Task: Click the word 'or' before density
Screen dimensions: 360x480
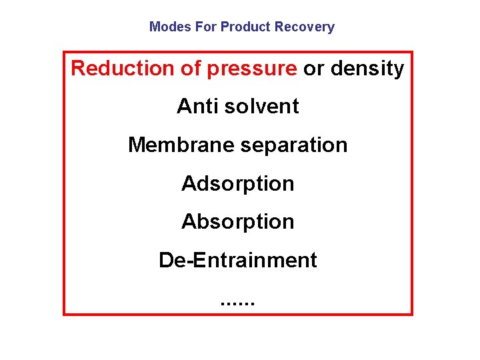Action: pos(313,69)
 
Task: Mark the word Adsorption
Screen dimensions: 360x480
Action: pos(238,183)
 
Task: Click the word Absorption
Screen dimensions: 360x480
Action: pos(238,221)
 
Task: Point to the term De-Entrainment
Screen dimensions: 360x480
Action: pos(238,260)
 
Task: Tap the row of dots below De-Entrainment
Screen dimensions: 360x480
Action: pos(237,303)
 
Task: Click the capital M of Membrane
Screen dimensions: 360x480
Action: pos(136,145)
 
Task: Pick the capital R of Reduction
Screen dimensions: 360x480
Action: pos(78,68)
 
